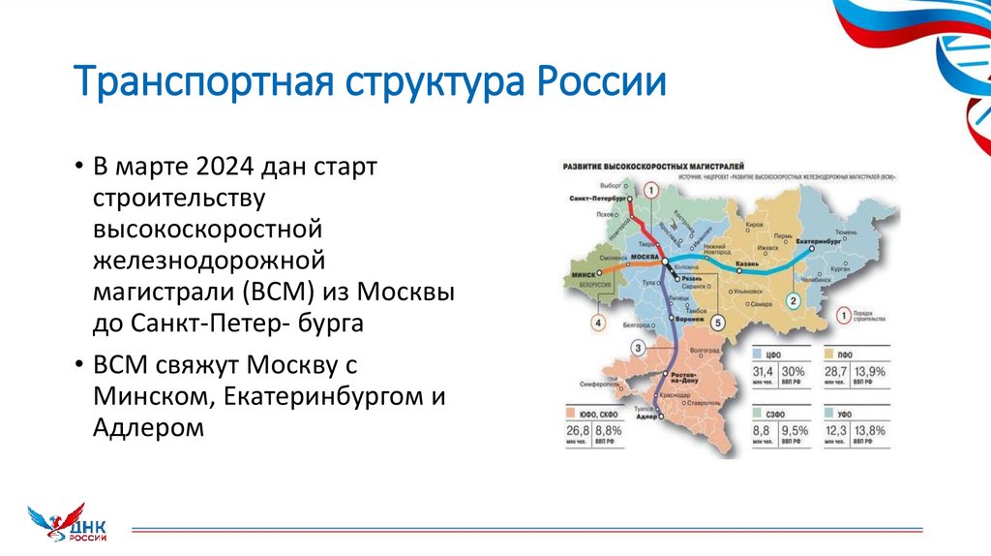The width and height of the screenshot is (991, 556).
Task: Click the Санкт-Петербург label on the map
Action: [x=593, y=198]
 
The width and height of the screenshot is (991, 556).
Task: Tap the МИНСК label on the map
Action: [x=583, y=275]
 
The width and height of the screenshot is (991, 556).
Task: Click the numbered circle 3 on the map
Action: [x=637, y=348]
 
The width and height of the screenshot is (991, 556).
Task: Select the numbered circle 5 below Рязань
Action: [x=717, y=323]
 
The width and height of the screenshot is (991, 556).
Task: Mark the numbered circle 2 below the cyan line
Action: [x=792, y=301]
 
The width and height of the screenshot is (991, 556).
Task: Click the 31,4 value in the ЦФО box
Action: [x=766, y=372]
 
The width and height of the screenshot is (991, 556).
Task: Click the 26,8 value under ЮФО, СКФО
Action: [x=578, y=430]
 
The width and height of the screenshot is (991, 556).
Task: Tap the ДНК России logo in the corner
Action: [x=68, y=523]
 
